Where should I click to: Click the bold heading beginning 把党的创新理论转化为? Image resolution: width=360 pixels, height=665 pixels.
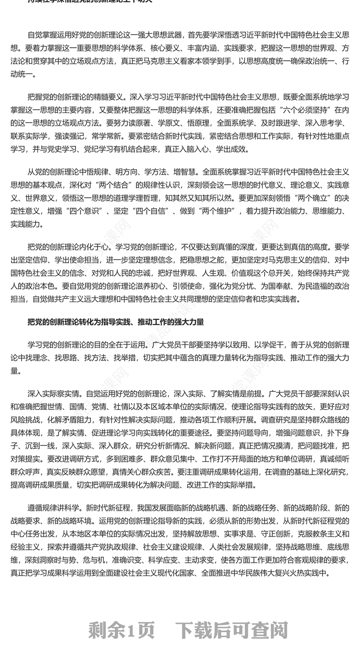point(116,322)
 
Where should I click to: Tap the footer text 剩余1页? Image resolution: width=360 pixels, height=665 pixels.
point(121,630)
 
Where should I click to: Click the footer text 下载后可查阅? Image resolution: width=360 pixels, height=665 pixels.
point(231,630)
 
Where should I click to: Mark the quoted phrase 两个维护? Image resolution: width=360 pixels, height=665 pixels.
point(218,211)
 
